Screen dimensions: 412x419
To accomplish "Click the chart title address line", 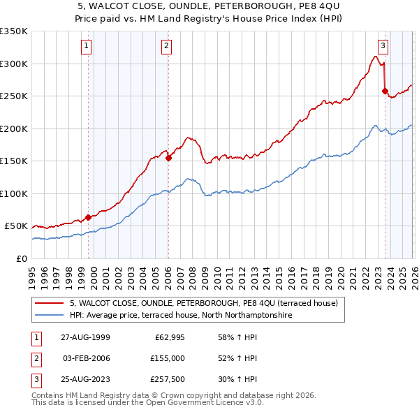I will (x=209, y=6).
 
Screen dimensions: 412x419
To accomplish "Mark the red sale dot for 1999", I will (x=89, y=217).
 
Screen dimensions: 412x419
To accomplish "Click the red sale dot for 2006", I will (x=168, y=158).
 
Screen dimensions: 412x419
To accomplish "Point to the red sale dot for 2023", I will (x=385, y=91).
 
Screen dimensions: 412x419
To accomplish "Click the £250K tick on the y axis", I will (x=14, y=96).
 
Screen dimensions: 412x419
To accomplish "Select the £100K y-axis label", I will (x=14, y=193).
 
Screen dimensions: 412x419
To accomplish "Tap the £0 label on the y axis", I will (x=21, y=258).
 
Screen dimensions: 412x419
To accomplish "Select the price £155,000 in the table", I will (x=168, y=358).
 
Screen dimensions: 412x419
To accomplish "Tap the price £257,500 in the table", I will (x=168, y=380).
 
